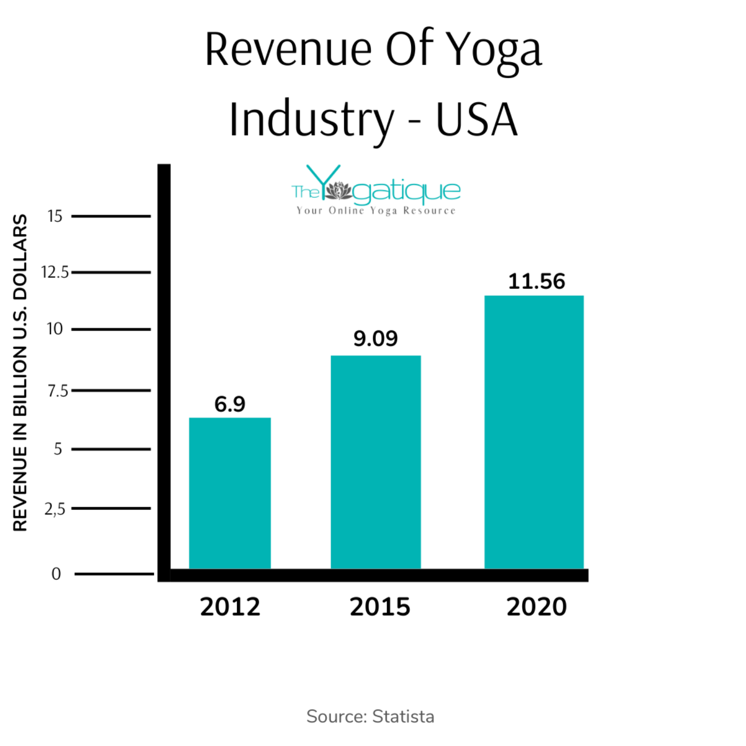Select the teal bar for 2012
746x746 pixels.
[230, 492]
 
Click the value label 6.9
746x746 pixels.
[230, 404]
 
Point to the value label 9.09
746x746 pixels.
[375, 339]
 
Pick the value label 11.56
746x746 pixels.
[536, 282]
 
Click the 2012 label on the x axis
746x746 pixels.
[230, 607]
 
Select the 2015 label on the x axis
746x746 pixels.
[380, 607]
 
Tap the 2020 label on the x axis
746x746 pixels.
[536, 607]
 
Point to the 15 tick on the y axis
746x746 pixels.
[55, 216]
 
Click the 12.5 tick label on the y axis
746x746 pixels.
[55, 272]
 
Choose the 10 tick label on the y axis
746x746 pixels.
[55, 329]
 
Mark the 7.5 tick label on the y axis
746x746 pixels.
[58, 390]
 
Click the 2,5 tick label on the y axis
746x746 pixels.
[55, 509]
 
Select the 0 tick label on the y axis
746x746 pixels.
[56, 574]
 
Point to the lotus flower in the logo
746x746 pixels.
[338, 190]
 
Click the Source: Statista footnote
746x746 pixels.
[370, 716]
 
